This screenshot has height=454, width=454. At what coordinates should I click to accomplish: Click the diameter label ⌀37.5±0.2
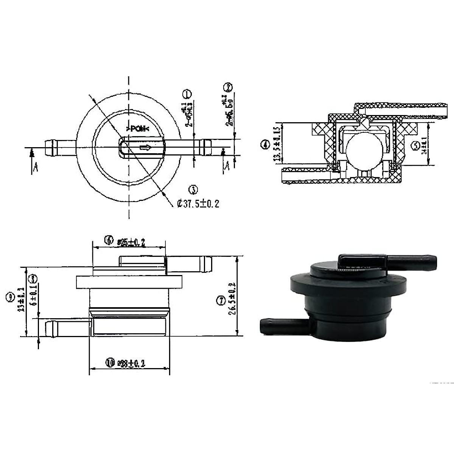point(198,204)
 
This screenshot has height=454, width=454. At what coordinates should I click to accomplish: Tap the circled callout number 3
point(193,190)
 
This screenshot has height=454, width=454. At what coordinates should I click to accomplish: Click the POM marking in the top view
point(137,129)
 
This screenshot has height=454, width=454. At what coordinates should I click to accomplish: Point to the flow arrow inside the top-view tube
point(146,148)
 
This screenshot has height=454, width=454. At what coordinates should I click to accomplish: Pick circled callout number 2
point(228,88)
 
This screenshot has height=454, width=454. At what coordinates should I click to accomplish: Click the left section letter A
point(35,168)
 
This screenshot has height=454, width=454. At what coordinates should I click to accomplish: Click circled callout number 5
point(415,145)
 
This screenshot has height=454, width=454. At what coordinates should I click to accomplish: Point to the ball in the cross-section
point(363,151)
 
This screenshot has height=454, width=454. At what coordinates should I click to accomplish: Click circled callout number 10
point(110,363)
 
